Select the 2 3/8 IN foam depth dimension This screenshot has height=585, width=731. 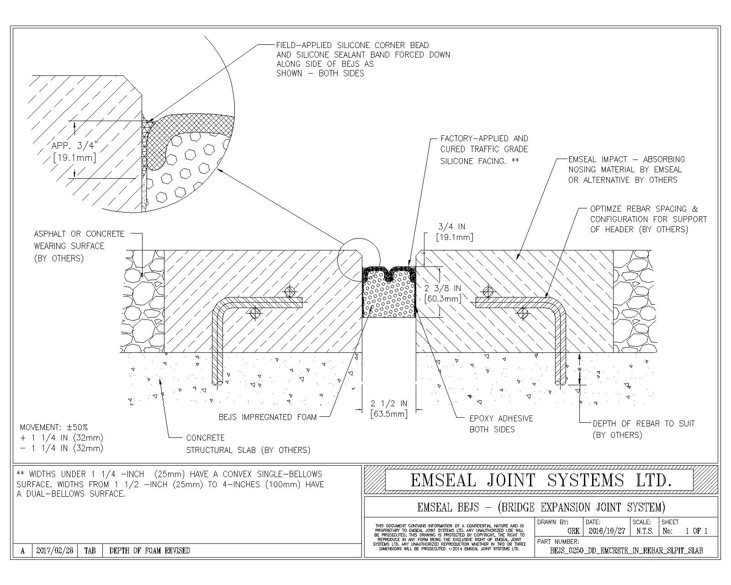[442, 293]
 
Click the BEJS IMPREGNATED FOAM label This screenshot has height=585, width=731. [267, 417]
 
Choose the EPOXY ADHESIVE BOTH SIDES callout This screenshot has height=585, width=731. [501, 424]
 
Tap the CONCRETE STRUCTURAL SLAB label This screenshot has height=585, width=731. [248, 444]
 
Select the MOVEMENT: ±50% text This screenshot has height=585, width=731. [54, 427]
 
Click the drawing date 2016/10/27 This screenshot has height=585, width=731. [606, 531]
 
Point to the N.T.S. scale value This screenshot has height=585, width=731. [644, 531]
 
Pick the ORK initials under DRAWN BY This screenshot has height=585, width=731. [573, 531]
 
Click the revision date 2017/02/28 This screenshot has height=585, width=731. [54, 551]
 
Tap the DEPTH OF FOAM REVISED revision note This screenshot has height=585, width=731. [149, 551]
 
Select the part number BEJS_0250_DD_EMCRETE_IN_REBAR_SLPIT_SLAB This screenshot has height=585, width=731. [626, 551]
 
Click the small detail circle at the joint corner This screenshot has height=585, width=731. [358, 259]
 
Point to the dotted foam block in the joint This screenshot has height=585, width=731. [388, 297]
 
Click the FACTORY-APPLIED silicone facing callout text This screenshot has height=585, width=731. [484, 149]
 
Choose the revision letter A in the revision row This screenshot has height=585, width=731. [22, 551]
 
